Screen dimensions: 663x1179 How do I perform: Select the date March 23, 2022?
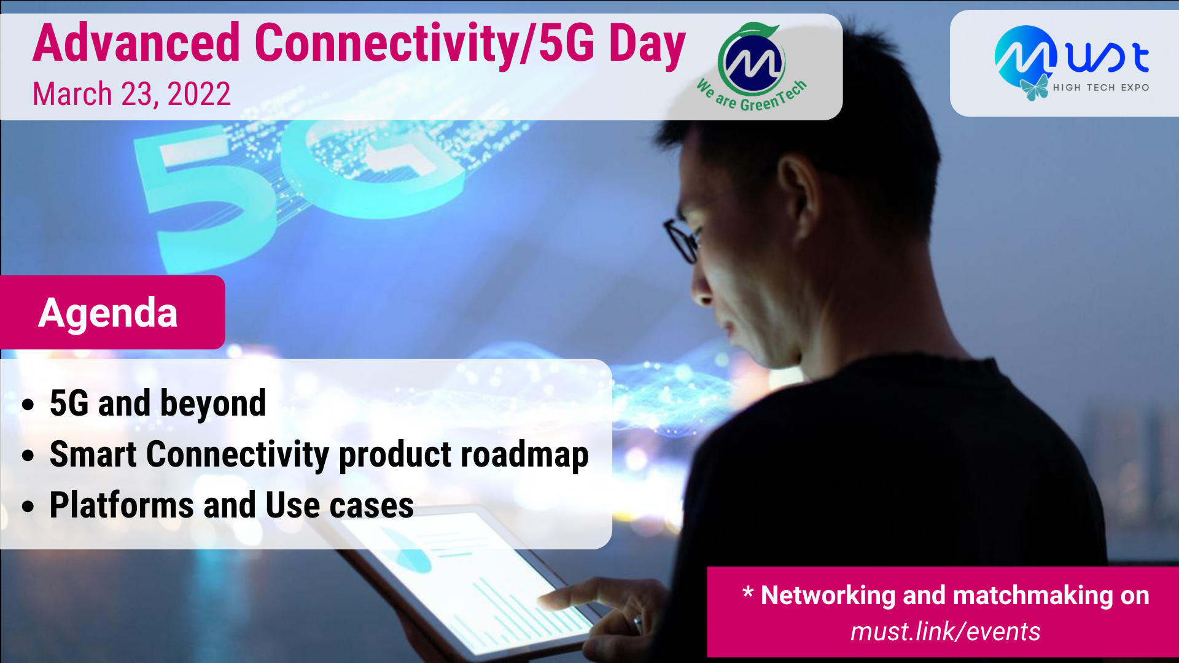[x=131, y=94]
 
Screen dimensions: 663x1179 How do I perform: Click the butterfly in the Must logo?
[x=1035, y=87]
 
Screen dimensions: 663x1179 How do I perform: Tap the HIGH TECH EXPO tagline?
[x=1101, y=88]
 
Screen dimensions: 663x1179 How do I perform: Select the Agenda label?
[x=108, y=312]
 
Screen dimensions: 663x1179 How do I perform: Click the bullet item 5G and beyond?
[x=158, y=403]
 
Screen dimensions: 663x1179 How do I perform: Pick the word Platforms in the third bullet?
[x=122, y=505]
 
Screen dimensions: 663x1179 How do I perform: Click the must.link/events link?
[x=945, y=631]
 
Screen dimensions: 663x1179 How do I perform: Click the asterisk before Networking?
[x=747, y=592]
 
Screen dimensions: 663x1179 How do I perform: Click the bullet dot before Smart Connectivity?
[x=28, y=456]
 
